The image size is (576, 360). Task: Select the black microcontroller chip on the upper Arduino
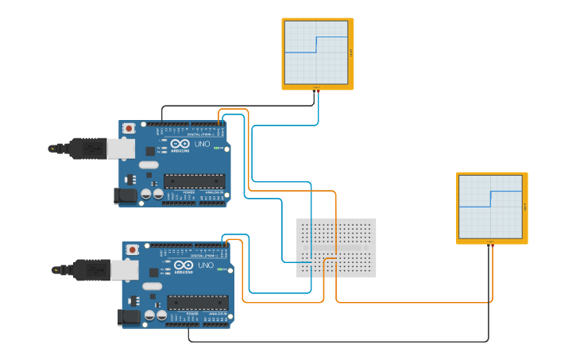coord(194,180)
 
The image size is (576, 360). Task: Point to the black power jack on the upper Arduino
coord(125,195)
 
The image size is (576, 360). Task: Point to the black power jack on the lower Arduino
coord(128,317)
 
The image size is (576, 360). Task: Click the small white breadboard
coord(336,247)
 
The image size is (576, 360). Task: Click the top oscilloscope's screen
coord(317,52)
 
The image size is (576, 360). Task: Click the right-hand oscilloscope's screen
coord(490,207)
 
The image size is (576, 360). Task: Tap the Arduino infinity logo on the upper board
coord(180,144)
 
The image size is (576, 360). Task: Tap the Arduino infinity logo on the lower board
coord(183,265)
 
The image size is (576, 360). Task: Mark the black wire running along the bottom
coord(334,341)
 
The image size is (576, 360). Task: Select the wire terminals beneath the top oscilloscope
coord(316,91)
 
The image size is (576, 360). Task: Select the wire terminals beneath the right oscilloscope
coord(490,245)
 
